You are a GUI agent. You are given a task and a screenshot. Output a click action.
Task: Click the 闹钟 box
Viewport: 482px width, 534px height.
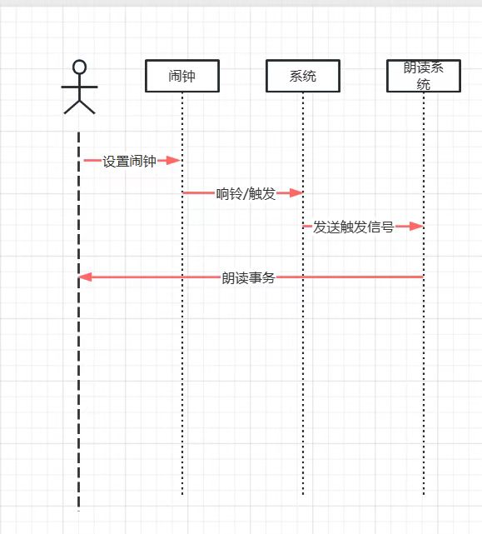(182, 76)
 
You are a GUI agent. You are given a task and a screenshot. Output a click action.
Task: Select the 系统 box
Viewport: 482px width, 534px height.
(303, 76)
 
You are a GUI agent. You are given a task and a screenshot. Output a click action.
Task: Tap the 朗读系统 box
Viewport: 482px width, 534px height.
(424, 76)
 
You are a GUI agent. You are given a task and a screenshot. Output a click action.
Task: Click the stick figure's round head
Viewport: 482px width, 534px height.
(79, 67)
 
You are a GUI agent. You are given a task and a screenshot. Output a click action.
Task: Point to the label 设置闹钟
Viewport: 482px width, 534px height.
(129, 161)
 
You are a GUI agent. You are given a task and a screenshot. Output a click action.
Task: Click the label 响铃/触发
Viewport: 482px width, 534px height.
(246, 194)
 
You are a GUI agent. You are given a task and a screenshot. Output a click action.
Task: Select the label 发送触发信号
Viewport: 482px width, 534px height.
(353, 227)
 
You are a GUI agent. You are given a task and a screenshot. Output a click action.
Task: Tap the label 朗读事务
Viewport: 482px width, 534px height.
(248, 278)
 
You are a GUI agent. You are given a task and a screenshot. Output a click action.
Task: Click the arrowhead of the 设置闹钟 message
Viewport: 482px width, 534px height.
(174, 161)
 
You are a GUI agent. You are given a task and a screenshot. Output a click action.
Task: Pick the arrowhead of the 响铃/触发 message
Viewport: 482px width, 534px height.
(296, 193)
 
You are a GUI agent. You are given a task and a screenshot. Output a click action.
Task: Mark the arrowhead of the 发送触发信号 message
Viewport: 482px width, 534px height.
(416, 226)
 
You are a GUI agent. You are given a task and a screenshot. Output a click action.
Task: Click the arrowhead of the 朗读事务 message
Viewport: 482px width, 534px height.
(85, 277)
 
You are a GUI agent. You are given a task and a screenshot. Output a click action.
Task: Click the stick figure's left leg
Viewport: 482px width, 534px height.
(72, 107)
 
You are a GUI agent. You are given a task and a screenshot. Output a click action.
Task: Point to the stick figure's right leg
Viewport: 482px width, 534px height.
(87, 107)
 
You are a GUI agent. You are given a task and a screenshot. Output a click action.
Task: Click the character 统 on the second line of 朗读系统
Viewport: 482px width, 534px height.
(424, 84)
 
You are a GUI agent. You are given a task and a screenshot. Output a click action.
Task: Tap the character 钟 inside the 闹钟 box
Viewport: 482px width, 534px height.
(189, 76)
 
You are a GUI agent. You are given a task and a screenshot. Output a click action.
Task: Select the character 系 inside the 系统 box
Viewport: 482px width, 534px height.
(296, 76)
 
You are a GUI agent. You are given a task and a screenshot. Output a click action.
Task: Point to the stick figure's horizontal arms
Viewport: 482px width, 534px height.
(79, 87)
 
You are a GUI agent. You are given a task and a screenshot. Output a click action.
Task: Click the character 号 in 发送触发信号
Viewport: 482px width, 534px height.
(387, 227)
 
